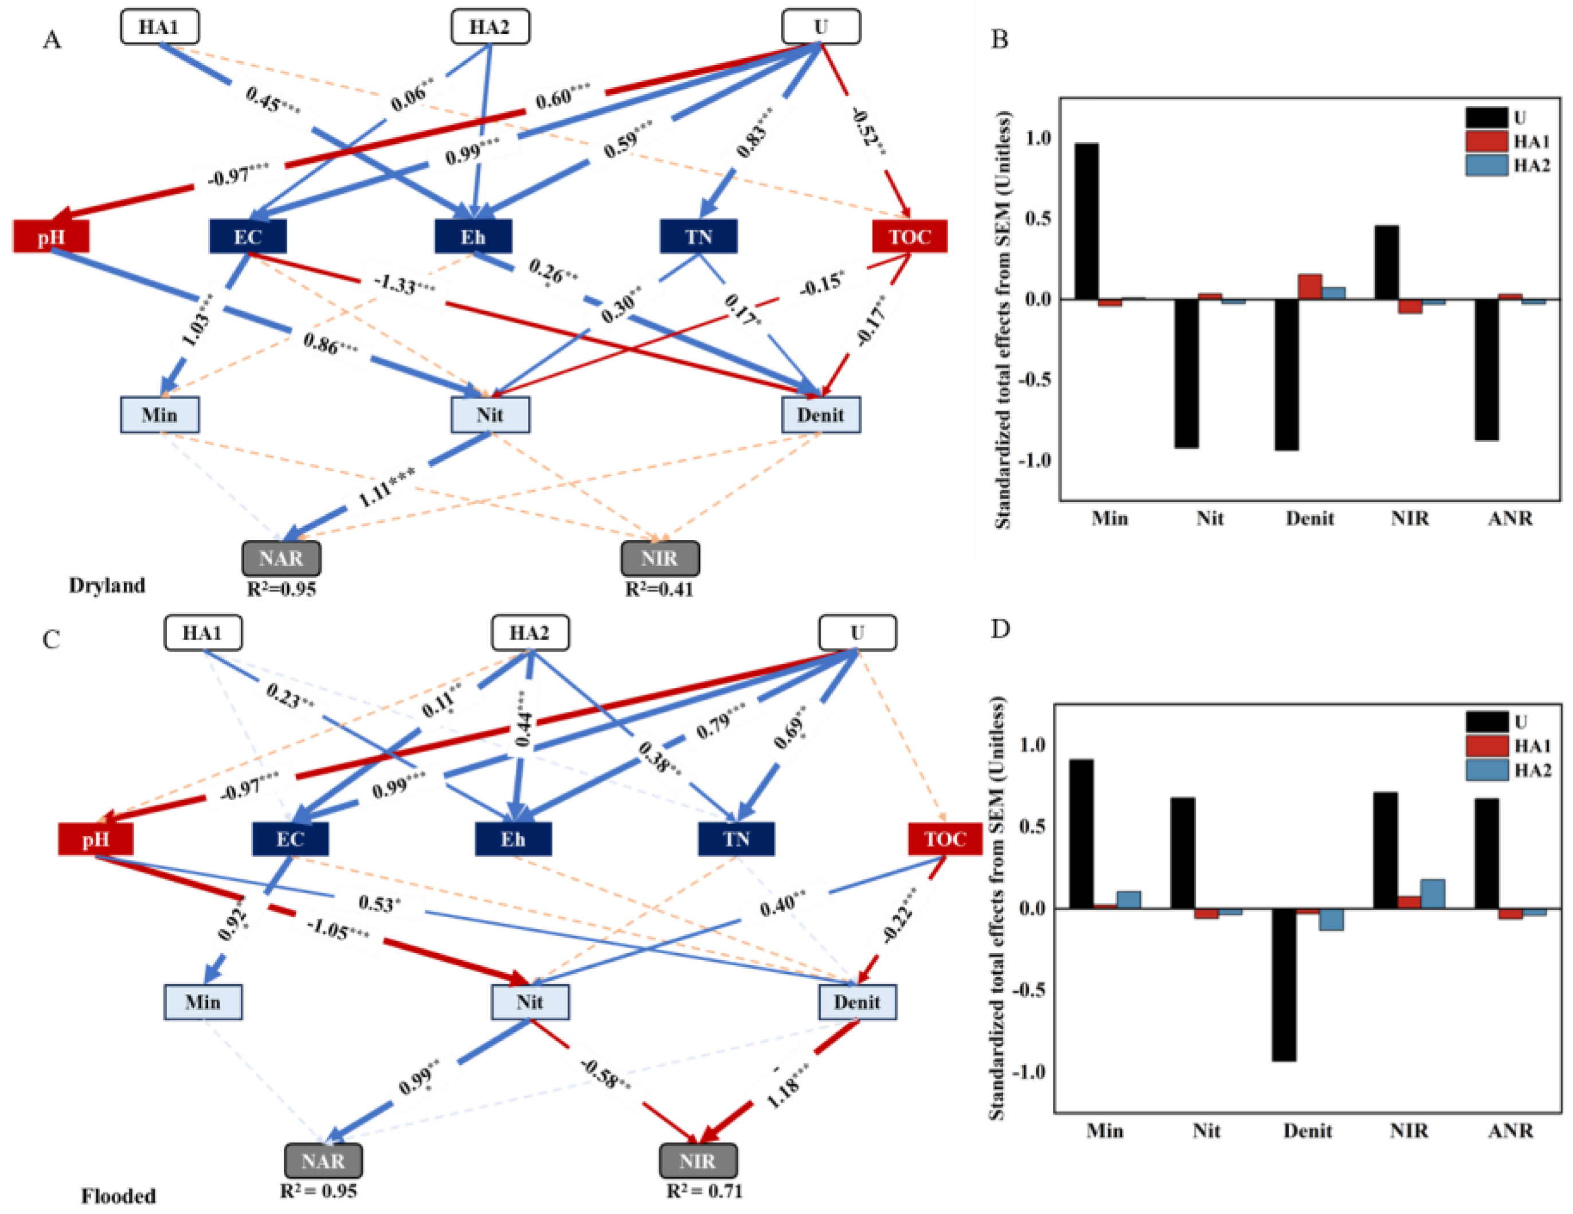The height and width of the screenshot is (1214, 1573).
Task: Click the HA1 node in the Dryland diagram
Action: (x=159, y=28)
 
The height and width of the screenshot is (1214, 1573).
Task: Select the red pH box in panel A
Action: (x=51, y=237)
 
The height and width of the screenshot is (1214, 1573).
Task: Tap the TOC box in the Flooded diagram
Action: (x=944, y=839)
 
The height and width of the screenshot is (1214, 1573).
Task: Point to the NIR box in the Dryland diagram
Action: (x=660, y=558)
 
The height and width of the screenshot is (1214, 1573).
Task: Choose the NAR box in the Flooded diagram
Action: (x=323, y=1161)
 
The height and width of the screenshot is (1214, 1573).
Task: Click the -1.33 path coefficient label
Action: (x=404, y=285)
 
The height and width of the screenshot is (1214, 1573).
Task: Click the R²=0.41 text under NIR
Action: (x=659, y=590)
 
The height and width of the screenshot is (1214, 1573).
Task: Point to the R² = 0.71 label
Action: (x=704, y=1191)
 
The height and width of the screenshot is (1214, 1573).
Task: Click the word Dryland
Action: (x=107, y=585)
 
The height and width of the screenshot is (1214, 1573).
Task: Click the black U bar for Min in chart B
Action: (x=1086, y=221)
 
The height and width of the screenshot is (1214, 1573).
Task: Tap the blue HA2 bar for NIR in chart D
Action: (x=1433, y=894)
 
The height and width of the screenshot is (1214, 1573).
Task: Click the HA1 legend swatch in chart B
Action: (x=1486, y=141)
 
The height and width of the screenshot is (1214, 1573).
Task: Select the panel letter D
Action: (x=1000, y=629)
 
